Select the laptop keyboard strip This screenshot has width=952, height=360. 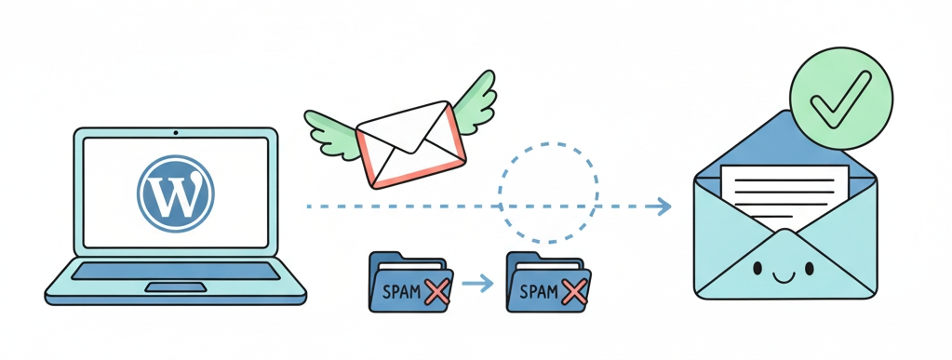[x=175, y=271]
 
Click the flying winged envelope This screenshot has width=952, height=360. [x=409, y=144]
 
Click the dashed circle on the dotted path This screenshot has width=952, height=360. [x=547, y=190]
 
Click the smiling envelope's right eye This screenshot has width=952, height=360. [x=810, y=269]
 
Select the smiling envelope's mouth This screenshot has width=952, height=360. [x=784, y=275]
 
